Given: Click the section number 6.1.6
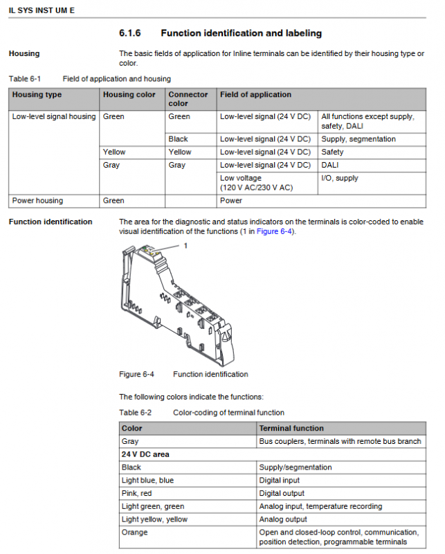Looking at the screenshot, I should click(130, 33).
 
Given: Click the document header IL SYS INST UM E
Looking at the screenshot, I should click(42, 10).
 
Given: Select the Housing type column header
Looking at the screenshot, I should click(37, 95).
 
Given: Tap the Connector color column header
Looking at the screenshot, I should click(188, 99).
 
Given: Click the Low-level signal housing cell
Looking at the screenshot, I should click(54, 116).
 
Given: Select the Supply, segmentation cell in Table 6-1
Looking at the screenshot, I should click(358, 139).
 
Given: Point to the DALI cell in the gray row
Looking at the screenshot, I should click(330, 165).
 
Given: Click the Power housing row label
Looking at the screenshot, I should click(37, 201).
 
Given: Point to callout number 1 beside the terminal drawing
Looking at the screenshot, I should click(185, 245).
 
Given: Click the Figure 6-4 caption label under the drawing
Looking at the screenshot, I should click(136, 375).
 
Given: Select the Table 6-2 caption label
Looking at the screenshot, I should click(135, 413).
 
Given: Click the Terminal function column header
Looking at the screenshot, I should click(291, 429).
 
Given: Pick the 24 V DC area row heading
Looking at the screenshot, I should click(145, 454).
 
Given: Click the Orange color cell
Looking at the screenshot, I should click(134, 533).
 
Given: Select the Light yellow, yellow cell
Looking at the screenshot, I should click(154, 519).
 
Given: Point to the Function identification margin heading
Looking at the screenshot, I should click(50, 222).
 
